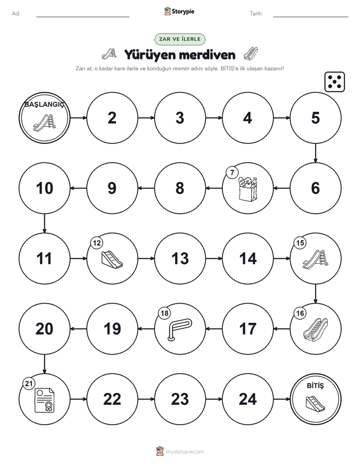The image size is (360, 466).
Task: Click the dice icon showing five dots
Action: tap(334, 82)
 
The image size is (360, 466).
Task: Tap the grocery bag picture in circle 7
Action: tap(248, 189)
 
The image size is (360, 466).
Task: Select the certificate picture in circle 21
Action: tap(44, 400)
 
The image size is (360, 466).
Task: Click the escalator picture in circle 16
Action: tap(316, 329)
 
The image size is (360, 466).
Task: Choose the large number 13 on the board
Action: tap(180, 259)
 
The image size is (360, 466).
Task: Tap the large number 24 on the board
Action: tap(248, 399)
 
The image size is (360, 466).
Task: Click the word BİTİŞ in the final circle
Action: tap(315, 386)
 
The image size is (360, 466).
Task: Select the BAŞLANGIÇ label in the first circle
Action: tap(44, 104)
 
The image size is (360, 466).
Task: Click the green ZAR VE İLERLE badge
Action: tap(180, 39)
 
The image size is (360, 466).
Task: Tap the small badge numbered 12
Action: tap(97, 243)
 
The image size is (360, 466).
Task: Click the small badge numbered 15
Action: tap(300, 243)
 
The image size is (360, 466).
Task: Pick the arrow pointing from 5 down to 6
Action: tap(316, 153)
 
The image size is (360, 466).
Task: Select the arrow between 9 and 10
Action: tap(79, 188)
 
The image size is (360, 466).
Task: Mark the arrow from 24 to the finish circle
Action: tap(281, 399)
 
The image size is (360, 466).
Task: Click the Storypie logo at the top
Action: tap(179, 11)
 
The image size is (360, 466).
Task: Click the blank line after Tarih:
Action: tap(311, 17)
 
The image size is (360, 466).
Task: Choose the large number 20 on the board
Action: tap(44, 329)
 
